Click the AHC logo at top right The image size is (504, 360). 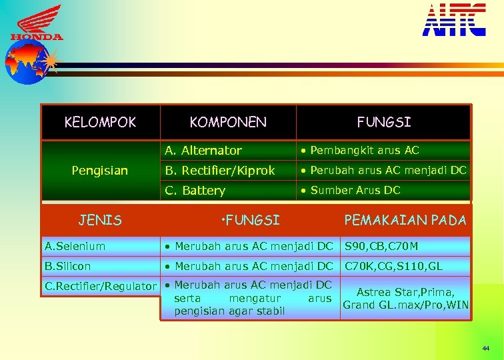tap(454, 20)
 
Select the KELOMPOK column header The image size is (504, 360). tap(100, 122)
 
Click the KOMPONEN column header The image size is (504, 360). tap(228, 122)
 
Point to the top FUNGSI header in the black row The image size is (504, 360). tap(384, 122)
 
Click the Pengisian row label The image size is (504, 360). tap(100, 171)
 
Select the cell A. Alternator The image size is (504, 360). tap(203, 151)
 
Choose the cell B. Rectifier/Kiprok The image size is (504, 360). tap(220, 171)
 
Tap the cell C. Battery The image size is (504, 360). tap(195, 191)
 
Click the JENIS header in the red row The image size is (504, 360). tap(100, 220)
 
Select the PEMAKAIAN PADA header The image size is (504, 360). tap(405, 220)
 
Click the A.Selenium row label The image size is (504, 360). tap(75, 246)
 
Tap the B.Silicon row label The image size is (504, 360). tap(67, 266)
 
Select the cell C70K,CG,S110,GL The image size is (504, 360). tap(393, 266)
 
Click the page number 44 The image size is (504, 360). tap(484, 349)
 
